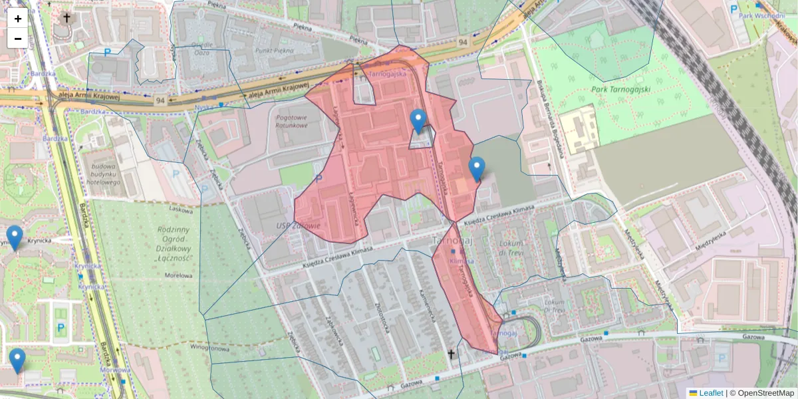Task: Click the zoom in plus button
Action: [x=18, y=19]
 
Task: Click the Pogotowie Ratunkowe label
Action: [x=291, y=121]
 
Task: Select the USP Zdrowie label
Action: [x=299, y=226]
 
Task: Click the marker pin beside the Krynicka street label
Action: [x=15, y=237]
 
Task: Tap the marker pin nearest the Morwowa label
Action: [x=17, y=360]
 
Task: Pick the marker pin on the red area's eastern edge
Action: [x=477, y=169]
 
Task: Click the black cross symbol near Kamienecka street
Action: [x=451, y=354]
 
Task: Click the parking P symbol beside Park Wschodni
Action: [x=733, y=9]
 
